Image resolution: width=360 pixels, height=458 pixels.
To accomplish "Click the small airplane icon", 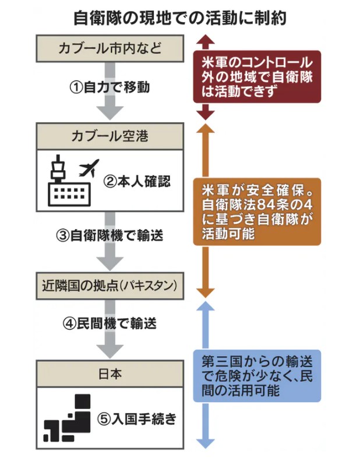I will pyautogui.click(x=89, y=167).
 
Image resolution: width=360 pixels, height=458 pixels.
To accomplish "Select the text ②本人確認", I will pyautogui.click(x=137, y=181).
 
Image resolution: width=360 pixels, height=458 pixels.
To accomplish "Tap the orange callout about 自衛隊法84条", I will pyautogui.click(x=256, y=211).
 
